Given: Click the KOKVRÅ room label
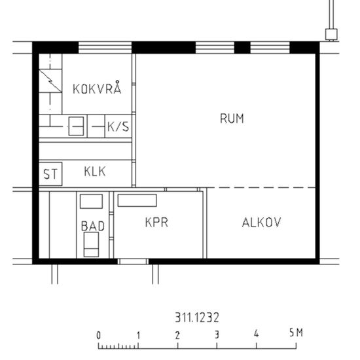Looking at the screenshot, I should click(x=98, y=89).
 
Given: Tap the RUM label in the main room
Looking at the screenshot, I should click(x=232, y=118).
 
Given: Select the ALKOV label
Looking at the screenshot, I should click(x=261, y=223).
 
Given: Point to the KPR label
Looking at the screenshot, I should click(x=157, y=223).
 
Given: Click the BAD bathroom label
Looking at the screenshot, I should click(x=92, y=226).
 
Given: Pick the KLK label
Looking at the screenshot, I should click(x=95, y=172).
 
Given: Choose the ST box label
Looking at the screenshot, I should click(x=50, y=174).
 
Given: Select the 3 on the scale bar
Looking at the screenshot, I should click(x=217, y=334).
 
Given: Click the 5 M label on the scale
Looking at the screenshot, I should click(x=296, y=333).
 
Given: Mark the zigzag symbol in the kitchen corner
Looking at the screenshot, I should click(x=50, y=81).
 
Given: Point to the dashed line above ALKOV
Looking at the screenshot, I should click(x=262, y=189).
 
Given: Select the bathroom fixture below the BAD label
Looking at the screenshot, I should click(x=90, y=246).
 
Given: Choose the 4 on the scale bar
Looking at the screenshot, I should click(x=256, y=334).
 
